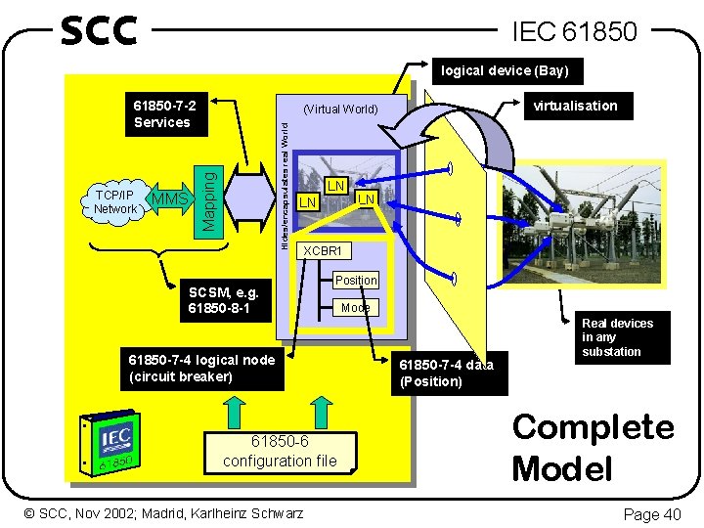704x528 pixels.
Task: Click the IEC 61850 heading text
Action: click(x=574, y=32)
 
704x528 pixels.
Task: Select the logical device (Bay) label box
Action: click(x=505, y=70)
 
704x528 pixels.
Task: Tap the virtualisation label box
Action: click(x=575, y=106)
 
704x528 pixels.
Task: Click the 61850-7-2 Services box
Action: click(x=163, y=113)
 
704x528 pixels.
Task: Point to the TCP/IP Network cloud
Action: click(x=115, y=201)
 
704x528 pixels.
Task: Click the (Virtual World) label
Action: click(x=340, y=109)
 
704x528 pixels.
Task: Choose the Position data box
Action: click(x=355, y=281)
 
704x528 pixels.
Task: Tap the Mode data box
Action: click(x=355, y=307)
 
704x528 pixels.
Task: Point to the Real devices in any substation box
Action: click(x=618, y=337)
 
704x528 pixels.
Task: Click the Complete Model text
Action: click(x=593, y=447)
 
